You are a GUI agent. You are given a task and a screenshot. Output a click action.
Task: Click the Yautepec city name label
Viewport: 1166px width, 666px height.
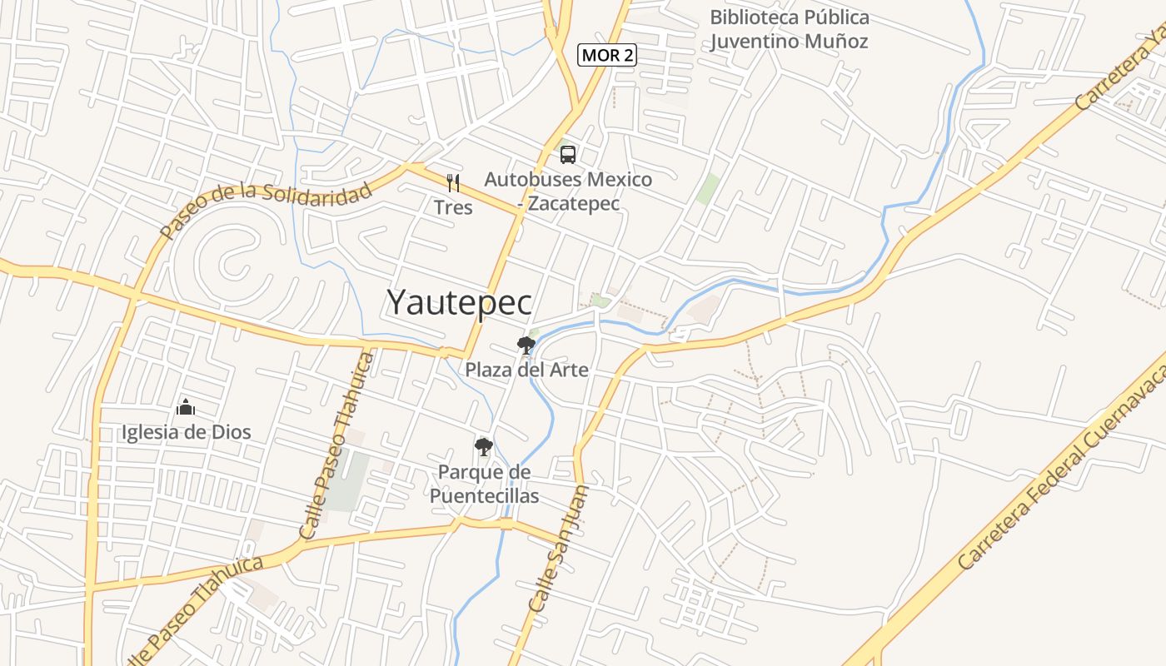tap(459, 302)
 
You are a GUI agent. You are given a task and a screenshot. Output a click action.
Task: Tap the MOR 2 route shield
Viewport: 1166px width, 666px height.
tap(607, 56)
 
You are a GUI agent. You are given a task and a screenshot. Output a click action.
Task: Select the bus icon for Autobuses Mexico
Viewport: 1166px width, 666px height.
tap(568, 154)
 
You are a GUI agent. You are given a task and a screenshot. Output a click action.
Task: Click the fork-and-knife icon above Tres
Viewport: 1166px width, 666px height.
tap(453, 182)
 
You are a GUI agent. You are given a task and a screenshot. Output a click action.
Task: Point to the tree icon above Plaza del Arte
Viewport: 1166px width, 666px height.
tap(526, 345)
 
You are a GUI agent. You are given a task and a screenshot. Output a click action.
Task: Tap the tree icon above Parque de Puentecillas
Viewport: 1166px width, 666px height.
tap(483, 447)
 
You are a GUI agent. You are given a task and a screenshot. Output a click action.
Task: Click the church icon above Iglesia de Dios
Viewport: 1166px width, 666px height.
tap(185, 407)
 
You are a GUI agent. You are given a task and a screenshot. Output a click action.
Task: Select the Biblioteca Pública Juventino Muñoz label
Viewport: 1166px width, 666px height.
tap(789, 29)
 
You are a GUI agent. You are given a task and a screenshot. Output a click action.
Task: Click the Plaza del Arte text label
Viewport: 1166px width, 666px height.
tap(526, 370)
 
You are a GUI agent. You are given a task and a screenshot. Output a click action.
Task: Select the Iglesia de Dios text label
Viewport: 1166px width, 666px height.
tap(186, 432)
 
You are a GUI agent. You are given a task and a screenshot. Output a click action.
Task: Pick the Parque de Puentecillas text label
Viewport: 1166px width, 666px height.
tap(484, 484)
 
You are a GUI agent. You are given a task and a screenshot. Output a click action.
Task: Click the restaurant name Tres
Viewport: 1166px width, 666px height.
tap(453, 207)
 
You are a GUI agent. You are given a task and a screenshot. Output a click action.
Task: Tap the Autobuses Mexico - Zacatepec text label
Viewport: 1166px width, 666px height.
tap(568, 191)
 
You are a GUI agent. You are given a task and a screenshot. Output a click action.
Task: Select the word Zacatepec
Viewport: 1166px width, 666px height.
tap(574, 203)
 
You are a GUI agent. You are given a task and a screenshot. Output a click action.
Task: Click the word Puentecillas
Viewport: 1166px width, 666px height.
tap(484, 496)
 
